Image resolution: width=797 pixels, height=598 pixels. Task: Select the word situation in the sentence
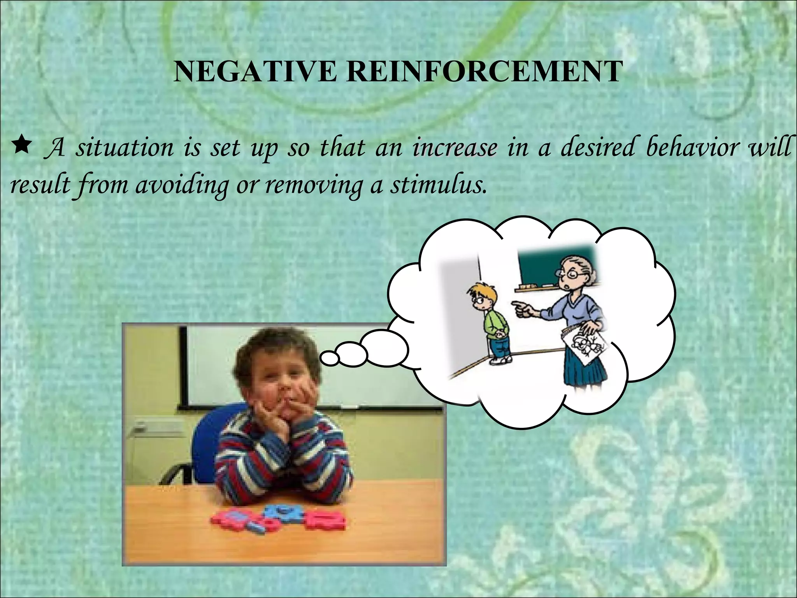(125, 148)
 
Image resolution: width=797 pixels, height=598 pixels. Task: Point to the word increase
(455, 148)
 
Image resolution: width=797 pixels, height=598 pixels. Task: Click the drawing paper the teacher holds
(584, 343)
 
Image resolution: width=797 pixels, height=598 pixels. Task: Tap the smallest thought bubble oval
(329, 357)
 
